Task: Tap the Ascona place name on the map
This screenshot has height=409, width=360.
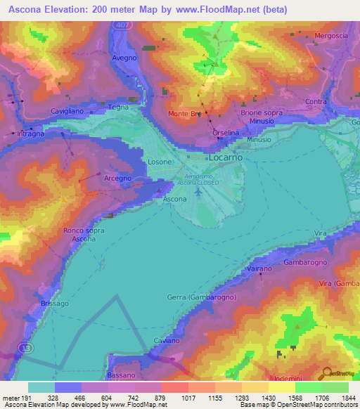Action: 174,200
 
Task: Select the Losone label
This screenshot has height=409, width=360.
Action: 159,162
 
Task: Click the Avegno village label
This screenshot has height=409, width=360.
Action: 123,58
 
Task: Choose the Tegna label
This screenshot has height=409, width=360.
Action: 117,108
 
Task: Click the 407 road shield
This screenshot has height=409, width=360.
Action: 122,24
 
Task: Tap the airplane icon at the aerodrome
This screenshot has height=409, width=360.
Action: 198,193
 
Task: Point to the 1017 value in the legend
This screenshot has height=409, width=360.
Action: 188,397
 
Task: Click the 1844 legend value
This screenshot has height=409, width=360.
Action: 349,397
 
